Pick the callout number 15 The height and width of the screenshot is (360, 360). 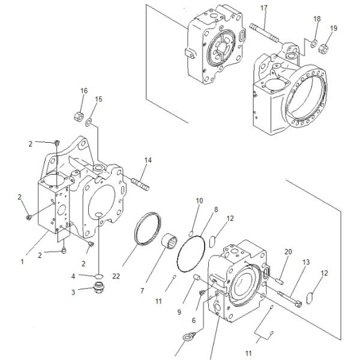pyautogui.click(x=99, y=99)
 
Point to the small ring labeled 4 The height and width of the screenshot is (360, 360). pyautogui.click(x=97, y=277)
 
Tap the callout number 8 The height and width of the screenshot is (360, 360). pyautogui.click(x=216, y=209)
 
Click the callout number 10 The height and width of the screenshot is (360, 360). pyautogui.click(x=199, y=200)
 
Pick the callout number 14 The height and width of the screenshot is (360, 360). pyautogui.click(x=148, y=160)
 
